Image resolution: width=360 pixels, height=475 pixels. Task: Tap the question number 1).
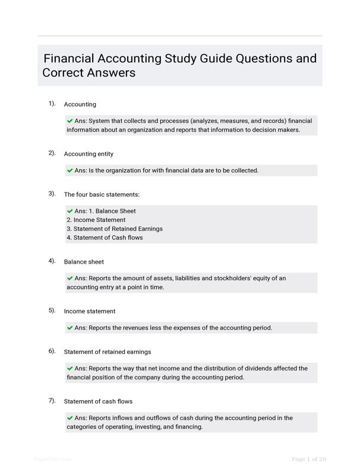(x=52, y=103)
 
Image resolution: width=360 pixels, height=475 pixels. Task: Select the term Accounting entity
(x=89, y=154)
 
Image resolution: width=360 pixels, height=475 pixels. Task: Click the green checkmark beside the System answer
(x=70, y=121)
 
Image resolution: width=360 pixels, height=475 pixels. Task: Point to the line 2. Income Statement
(x=96, y=220)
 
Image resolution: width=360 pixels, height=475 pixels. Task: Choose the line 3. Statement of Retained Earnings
(x=114, y=229)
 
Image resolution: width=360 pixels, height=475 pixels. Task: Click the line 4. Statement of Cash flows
(x=105, y=237)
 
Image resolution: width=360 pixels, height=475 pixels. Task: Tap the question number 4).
(x=52, y=261)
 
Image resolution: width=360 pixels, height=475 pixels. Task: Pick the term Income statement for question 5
(x=90, y=311)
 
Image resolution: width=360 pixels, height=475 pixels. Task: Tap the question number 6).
(x=52, y=351)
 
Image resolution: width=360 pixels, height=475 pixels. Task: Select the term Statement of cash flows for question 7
(x=98, y=401)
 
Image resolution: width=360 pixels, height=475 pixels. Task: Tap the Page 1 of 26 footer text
(x=309, y=459)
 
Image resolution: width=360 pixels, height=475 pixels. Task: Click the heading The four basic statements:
(x=102, y=194)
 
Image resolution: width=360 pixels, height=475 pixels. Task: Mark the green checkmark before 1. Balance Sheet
(x=70, y=211)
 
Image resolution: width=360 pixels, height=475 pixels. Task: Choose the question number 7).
(x=52, y=401)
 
